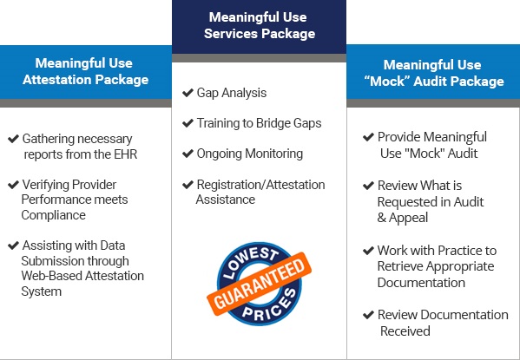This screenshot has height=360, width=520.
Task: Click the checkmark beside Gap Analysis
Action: (188, 93)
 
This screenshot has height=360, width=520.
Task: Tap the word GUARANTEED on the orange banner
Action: (259, 284)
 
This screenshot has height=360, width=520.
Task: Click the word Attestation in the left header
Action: (56, 80)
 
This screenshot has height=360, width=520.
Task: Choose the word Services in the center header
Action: (231, 34)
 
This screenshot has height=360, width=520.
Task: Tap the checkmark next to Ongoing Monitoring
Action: (188, 154)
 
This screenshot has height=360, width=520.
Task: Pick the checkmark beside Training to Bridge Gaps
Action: (188, 123)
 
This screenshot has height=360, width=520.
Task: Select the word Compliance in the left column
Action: (54, 215)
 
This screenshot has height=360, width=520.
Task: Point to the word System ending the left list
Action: (42, 291)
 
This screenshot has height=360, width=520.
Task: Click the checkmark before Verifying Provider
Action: (13, 185)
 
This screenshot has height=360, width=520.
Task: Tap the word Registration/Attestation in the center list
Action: (261, 185)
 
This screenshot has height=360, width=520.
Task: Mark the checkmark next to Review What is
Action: (368, 186)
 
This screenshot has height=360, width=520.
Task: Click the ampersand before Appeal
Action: (382, 218)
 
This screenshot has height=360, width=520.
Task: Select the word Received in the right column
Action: (405, 331)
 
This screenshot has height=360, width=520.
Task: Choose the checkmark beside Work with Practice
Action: (368, 251)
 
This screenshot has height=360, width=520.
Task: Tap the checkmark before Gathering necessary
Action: (13, 139)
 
